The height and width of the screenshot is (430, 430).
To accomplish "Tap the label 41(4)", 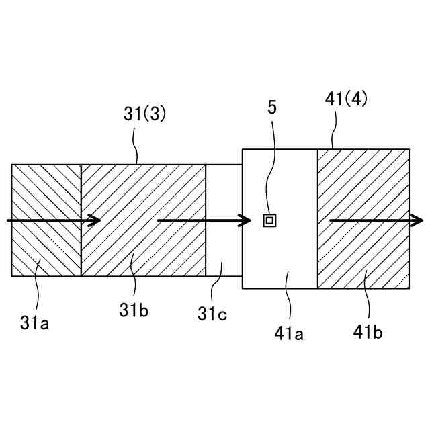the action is tap(346, 100).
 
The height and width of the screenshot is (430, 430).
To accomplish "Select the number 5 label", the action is tap(271, 107).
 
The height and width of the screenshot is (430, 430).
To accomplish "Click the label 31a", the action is tap(35, 323).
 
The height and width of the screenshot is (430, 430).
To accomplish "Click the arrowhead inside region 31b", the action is tap(95, 220).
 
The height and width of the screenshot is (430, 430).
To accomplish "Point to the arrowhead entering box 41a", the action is tap(246, 220).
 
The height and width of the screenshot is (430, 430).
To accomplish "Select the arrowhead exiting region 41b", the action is tap(418, 220).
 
